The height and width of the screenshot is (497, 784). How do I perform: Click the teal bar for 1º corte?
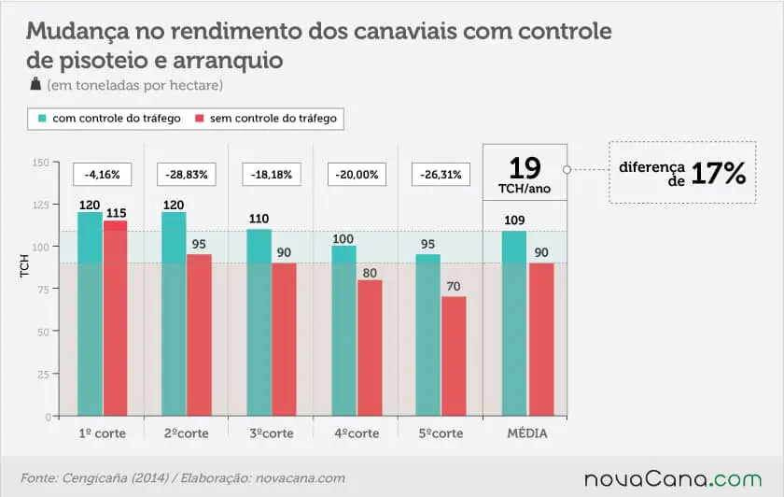(x=90, y=313)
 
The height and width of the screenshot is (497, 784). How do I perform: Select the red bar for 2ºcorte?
(x=200, y=334)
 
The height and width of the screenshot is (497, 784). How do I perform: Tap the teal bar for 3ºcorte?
(x=259, y=322)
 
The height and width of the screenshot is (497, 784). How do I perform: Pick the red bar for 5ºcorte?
(x=455, y=356)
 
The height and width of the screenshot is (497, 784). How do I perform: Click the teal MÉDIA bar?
(x=514, y=323)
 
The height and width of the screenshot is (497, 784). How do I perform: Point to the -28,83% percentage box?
(x=187, y=174)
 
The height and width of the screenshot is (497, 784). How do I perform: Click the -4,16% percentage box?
(x=102, y=174)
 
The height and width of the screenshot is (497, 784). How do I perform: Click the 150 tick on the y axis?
(x=40, y=163)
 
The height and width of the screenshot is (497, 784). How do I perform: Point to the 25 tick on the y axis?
(x=43, y=374)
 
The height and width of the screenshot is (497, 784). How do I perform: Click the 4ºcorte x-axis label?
(x=356, y=433)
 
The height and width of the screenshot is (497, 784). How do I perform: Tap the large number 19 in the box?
(x=525, y=168)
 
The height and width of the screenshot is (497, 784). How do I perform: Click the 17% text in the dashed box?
(x=719, y=173)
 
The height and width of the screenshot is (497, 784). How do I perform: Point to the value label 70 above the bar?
(x=454, y=288)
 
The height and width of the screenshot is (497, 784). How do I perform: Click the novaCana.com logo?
(x=672, y=479)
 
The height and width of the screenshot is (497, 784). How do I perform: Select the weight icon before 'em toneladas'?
(x=35, y=85)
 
